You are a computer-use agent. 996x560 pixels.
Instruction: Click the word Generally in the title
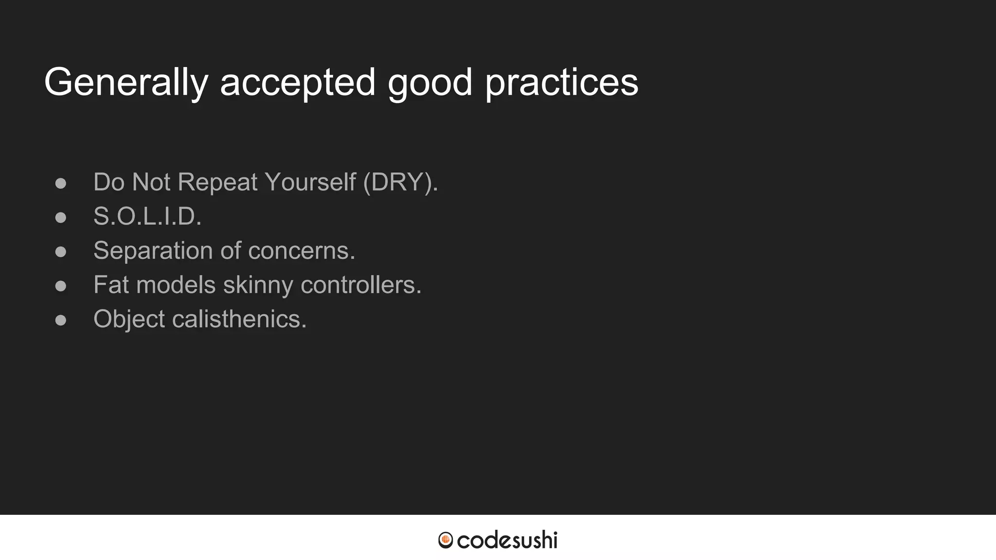(x=126, y=83)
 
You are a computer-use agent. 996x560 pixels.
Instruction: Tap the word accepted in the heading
(x=298, y=83)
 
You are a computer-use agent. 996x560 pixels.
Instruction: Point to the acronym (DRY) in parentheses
(x=400, y=182)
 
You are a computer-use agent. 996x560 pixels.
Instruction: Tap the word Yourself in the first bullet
(x=310, y=182)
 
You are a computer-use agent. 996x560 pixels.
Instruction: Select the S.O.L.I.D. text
(x=147, y=216)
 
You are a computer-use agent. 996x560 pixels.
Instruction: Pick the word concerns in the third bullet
(x=302, y=251)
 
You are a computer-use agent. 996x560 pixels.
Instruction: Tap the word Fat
(x=111, y=285)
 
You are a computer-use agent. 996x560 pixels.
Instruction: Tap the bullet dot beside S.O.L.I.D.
(x=61, y=217)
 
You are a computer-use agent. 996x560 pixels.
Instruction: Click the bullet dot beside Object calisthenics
(x=61, y=320)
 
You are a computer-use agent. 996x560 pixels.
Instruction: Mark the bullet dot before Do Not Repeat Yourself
(x=61, y=183)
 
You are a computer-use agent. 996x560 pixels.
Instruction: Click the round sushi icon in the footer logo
(x=445, y=540)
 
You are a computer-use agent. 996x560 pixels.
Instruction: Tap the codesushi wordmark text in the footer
(x=507, y=540)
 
